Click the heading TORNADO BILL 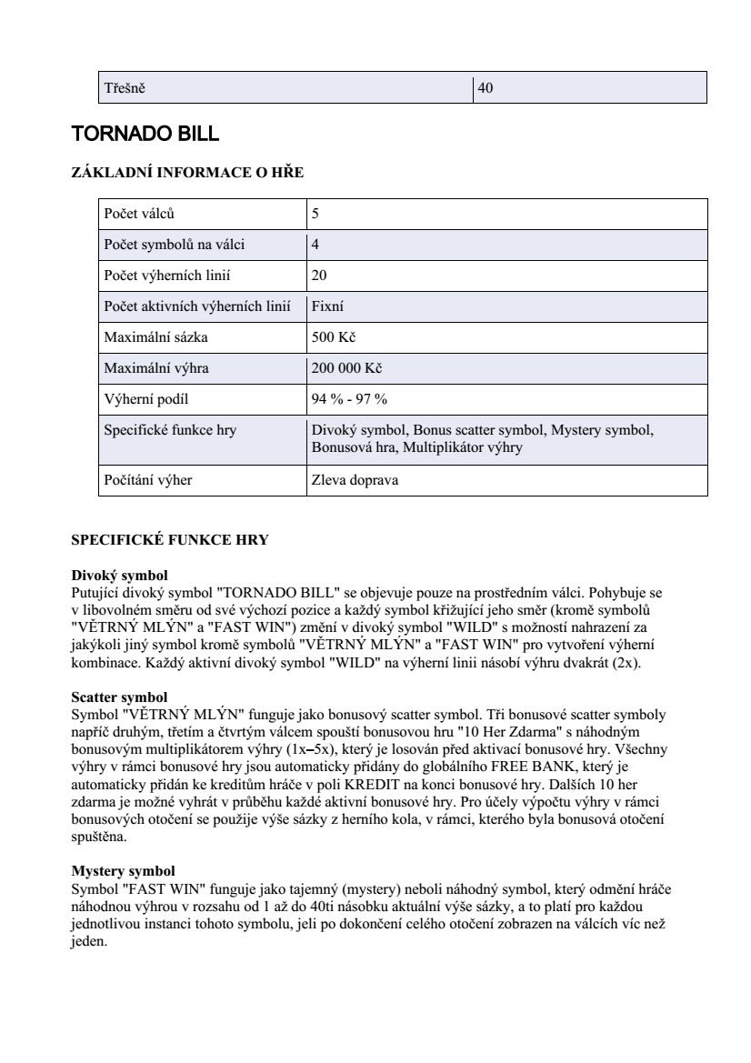click(x=145, y=135)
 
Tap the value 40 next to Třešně click(x=486, y=88)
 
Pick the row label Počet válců click(x=139, y=215)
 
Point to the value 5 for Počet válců click(x=315, y=215)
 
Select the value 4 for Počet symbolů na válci click(x=315, y=245)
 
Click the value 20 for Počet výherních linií click(x=319, y=276)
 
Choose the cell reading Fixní click(x=327, y=306)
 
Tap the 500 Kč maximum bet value click(x=333, y=337)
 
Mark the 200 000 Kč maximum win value click(x=346, y=368)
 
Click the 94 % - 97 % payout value click(x=349, y=399)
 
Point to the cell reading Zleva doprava click(x=355, y=480)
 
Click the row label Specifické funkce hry click(x=170, y=430)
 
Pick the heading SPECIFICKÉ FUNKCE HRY click(x=170, y=540)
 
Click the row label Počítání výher click(x=148, y=480)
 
